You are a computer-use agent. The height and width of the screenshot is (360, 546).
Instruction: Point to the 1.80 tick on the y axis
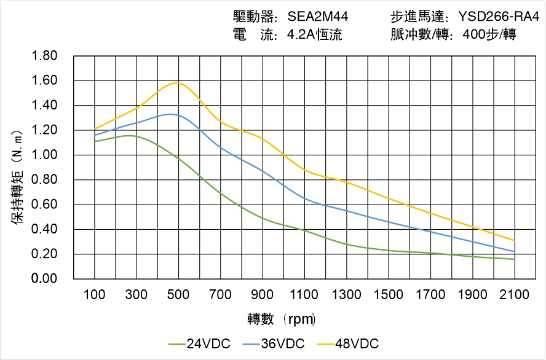44,56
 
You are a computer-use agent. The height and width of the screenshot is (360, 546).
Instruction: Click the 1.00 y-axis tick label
44,155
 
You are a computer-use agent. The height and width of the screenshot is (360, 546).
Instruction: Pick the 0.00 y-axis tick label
44,279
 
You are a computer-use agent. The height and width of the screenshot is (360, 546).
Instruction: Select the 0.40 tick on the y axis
44,230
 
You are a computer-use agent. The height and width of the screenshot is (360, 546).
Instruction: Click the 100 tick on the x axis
94,295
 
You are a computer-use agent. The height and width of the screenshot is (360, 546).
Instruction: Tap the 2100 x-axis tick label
515,295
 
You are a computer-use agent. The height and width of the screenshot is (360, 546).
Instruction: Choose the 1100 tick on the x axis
304,295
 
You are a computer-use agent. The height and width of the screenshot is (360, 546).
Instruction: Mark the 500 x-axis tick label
178,295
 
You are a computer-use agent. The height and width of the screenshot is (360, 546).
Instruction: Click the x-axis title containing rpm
281,319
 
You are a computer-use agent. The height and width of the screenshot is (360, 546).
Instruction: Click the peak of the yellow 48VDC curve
178,82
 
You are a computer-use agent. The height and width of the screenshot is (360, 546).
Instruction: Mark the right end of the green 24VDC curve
515,259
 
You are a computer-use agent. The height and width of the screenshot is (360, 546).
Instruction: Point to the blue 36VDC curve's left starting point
95,135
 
